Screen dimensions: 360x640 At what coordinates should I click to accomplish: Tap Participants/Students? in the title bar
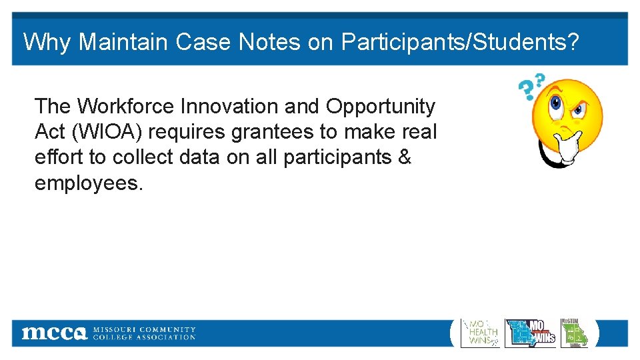[460, 42]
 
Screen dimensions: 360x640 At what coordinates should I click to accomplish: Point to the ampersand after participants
[404, 157]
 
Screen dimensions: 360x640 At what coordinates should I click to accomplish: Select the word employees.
[89, 183]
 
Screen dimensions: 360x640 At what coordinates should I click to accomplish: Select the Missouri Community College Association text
[144, 333]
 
